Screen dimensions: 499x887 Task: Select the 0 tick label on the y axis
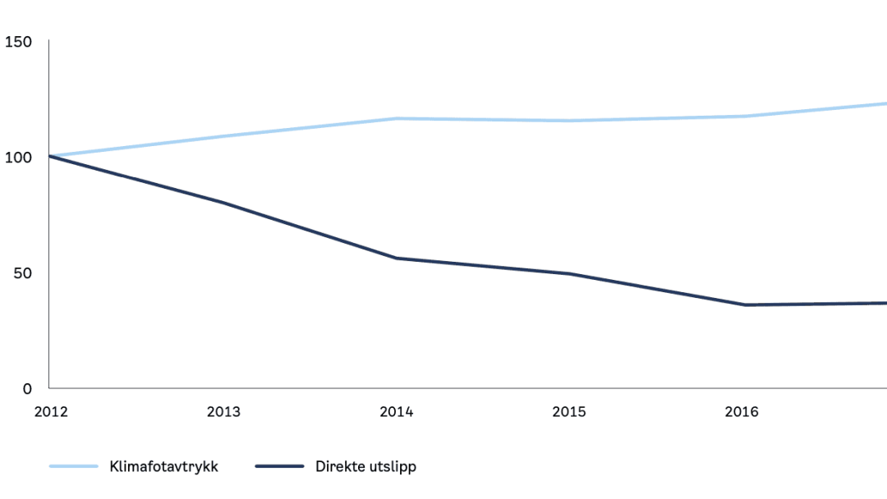point(26,388)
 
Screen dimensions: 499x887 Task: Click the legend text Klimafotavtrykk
point(164,467)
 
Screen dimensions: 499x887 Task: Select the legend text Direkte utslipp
point(365,467)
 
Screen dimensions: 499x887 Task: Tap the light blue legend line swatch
point(74,467)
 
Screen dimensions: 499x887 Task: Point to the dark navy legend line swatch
point(280,467)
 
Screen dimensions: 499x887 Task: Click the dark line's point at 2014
point(397,259)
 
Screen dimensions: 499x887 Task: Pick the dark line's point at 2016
point(742,305)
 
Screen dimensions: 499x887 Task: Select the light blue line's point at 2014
point(397,118)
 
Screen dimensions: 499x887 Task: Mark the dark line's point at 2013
point(223,203)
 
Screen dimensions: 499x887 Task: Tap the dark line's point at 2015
point(569,273)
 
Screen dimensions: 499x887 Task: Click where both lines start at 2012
point(50,156)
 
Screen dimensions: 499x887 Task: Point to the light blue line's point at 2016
point(742,116)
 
